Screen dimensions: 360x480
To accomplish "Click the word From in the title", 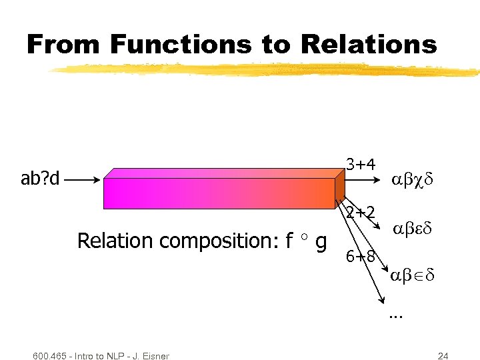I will tap(64, 45).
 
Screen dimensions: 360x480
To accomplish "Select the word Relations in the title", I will tap(369, 45).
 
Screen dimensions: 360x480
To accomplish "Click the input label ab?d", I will tap(40, 179).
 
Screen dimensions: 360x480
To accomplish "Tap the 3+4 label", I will tap(361, 164).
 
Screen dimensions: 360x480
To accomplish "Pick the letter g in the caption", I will tap(321, 241).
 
